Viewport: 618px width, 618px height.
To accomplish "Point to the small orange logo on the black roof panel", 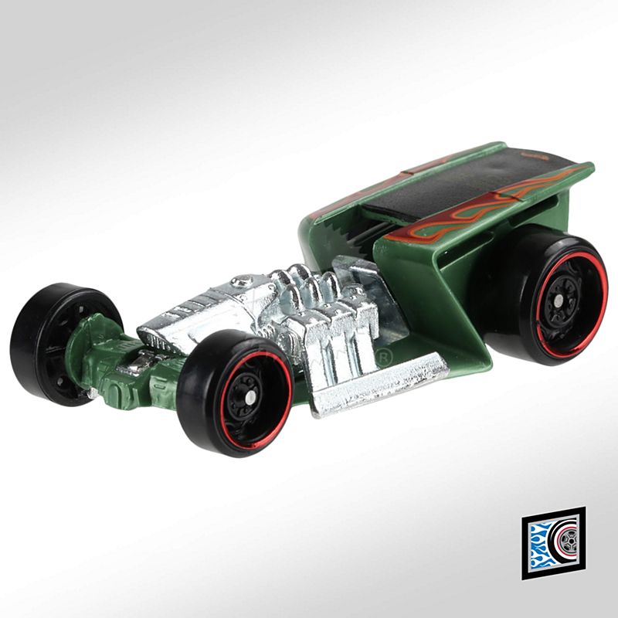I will click(x=531, y=155).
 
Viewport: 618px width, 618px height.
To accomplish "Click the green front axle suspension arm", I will click(x=116, y=363).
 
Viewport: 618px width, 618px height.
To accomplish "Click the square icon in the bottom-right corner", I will click(x=552, y=542).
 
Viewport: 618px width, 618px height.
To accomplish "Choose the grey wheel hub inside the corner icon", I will click(x=569, y=543).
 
